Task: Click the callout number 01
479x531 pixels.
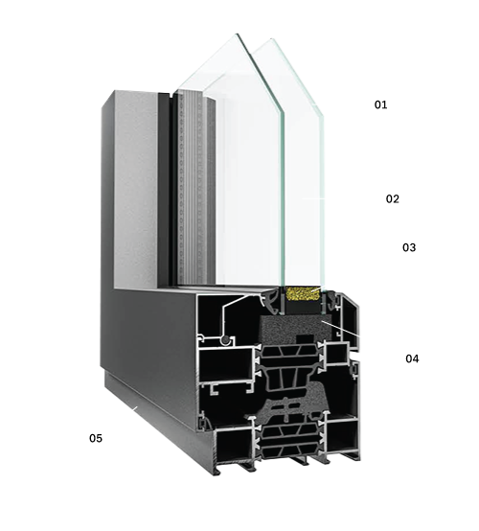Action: coord(380,104)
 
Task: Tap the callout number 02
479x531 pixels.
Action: coord(393,198)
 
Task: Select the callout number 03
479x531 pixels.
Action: coord(409,247)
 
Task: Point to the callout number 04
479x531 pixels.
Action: coord(412,358)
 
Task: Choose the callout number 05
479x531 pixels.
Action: coord(96,438)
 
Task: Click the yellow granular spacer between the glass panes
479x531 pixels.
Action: coord(303,293)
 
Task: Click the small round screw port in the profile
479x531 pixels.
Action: coord(224,340)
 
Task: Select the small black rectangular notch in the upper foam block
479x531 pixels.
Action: coord(305,339)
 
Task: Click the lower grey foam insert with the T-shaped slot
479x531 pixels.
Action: coord(293,403)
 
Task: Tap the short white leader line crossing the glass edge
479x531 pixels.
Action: coord(313,198)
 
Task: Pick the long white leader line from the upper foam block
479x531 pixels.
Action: coord(340,328)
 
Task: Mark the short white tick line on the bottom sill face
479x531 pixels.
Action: coord(135,408)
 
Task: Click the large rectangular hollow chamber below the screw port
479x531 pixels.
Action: coord(225,364)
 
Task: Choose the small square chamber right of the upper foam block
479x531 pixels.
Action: coord(337,354)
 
